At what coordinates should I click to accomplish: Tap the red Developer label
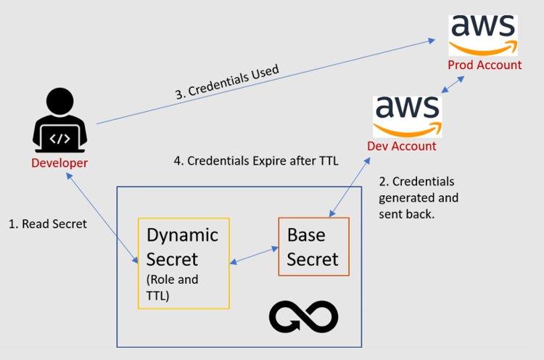(59, 163)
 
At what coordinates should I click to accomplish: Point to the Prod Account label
(485, 65)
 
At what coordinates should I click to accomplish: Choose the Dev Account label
(402, 146)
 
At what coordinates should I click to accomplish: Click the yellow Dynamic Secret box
(184, 263)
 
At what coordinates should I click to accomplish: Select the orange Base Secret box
(313, 247)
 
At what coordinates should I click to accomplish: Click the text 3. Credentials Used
(227, 82)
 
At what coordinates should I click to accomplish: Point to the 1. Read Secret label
(48, 224)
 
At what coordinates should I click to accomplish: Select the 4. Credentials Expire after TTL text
(256, 160)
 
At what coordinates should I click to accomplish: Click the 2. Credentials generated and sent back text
(419, 198)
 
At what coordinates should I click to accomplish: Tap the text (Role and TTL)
(172, 286)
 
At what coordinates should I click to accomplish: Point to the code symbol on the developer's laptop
(59, 136)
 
